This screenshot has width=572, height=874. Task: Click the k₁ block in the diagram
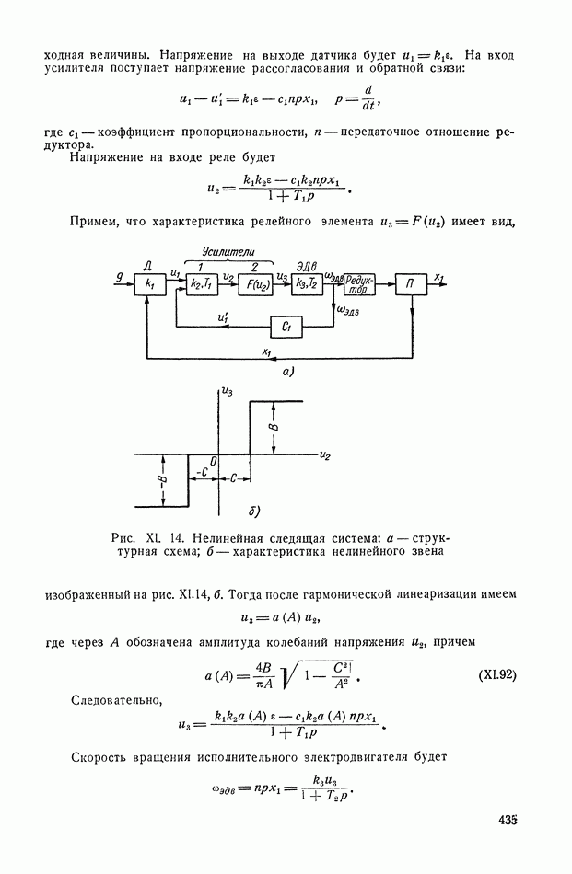click(x=150, y=283)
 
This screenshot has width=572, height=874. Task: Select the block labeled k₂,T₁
click(x=202, y=283)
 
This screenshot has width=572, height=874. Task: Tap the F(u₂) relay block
click(x=255, y=284)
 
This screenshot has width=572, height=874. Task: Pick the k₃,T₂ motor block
click(x=307, y=283)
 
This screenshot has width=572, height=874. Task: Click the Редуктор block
click(x=359, y=283)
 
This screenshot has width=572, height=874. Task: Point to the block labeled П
click(x=412, y=283)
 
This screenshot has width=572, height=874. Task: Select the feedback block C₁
click(x=286, y=328)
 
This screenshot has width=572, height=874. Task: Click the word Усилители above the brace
click(x=228, y=252)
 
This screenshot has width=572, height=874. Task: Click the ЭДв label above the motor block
click(x=307, y=267)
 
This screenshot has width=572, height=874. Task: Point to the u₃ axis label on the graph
click(x=228, y=392)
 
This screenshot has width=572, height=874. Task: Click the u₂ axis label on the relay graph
click(x=325, y=456)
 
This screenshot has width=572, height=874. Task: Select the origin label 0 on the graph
click(x=213, y=460)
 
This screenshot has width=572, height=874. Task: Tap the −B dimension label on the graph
click(x=165, y=480)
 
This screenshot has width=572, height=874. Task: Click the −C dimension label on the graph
click(x=202, y=473)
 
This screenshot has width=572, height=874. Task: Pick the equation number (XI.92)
click(x=497, y=675)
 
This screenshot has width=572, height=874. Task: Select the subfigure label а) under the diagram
click(x=288, y=373)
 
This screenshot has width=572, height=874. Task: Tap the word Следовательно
click(x=117, y=700)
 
